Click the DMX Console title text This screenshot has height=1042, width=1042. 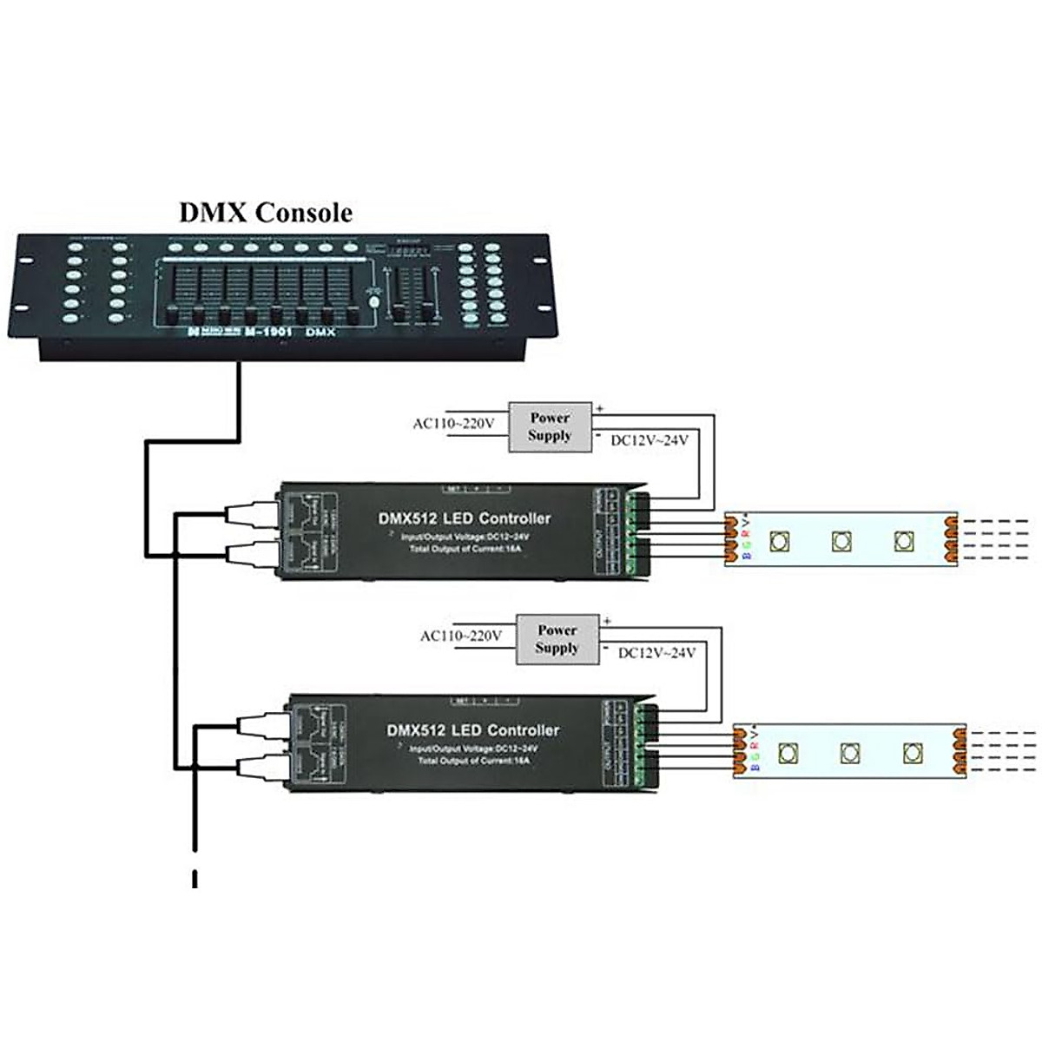point(266,213)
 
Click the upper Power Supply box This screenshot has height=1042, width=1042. point(550,426)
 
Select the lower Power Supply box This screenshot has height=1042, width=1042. point(557,639)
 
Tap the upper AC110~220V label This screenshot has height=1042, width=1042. point(453,424)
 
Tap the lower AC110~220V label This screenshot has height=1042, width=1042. point(461,636)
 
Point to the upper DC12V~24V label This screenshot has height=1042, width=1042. point(650,440)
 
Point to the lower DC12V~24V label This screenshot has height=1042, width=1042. point(656,652)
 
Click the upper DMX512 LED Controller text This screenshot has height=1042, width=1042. point(465,518)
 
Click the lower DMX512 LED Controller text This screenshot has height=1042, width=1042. point(472,730)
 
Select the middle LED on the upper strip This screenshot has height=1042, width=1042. point(841,541)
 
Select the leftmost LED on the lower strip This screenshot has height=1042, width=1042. point(788,752)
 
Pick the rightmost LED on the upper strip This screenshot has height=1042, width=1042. point(904,540)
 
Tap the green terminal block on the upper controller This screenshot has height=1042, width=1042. point(635,534)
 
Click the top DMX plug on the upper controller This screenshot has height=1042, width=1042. point(251,515)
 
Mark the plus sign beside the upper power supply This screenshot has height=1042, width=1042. point(599,407)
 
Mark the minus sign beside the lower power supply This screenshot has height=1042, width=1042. point(605,647)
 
